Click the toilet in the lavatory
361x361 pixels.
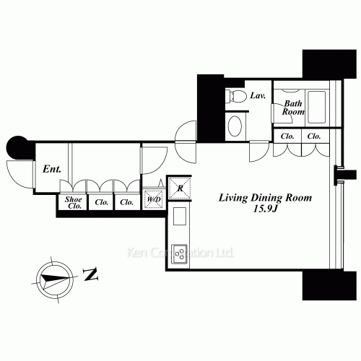[x=236, y=96]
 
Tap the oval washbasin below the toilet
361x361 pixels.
[x=235, y=126]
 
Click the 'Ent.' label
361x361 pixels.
[x=52, y=169]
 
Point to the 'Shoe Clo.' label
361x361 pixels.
[x=73, y=203]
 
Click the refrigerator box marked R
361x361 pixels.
[x=180, y=188]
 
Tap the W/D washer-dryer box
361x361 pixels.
[x=154, y=199]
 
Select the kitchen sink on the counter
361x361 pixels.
[x=180, y=216]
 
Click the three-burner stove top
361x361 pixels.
[x=179, y=253]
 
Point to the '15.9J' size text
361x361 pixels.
[x=265, y=209]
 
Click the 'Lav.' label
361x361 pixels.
[x=258, y=96]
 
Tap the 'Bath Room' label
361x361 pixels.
[x=293, y=108]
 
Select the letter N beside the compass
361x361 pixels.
[x=90, y=274]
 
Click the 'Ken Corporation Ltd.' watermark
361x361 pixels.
[x=180, y=253]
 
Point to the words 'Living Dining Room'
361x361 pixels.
[x=265, y=198]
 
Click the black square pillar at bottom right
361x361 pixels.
[x=329, y=285]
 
